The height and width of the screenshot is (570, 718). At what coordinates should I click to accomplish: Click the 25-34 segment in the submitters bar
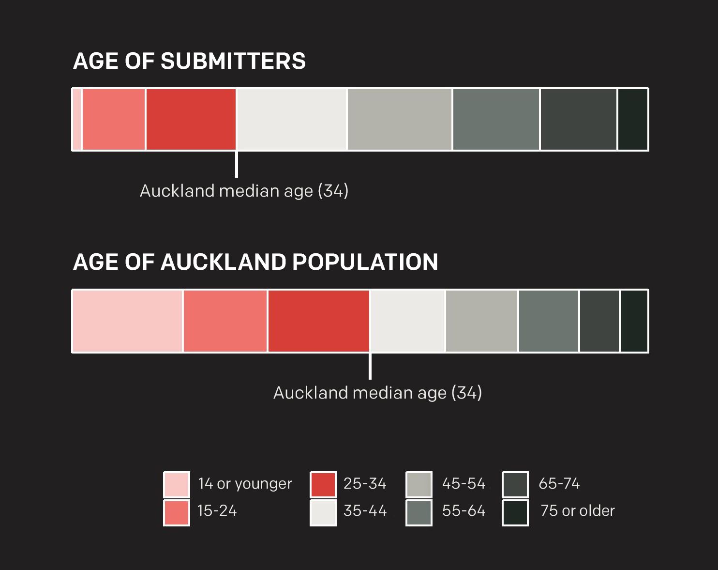point(191,119)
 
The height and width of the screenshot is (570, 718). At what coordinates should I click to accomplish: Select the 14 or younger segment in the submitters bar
point(77,119)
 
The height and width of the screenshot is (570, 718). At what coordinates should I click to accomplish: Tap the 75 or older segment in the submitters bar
point(633,119)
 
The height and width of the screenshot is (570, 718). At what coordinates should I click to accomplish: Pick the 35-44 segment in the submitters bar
point(292,119)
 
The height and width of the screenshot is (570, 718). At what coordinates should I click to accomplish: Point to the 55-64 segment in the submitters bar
point(496,119)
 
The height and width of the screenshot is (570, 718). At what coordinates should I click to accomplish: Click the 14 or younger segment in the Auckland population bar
point(127,321)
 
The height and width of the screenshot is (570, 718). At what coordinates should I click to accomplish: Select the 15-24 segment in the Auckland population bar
point(225,321)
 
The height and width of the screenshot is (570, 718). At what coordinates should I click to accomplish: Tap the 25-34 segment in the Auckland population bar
point(319,321)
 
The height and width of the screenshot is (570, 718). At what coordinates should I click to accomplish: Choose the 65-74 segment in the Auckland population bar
point(599,321)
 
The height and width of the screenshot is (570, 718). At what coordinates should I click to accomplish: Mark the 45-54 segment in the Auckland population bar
point(481,321)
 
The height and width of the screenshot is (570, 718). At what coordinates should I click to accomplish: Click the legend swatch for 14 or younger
point(177,484)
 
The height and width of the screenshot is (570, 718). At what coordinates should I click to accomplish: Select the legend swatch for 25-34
point(323,484)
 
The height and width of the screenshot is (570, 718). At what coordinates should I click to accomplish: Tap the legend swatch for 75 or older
point(515,512)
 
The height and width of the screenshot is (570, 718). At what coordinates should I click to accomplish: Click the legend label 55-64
point(464,511)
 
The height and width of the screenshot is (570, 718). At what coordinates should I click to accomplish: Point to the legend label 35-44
point(365,511)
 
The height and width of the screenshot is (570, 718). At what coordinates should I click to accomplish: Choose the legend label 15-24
point(217,511)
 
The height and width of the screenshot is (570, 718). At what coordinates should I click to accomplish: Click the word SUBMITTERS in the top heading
point(233,61)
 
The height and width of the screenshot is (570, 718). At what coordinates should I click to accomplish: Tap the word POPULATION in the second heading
point(365,262)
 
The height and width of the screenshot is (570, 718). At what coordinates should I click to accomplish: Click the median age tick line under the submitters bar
point(237,164)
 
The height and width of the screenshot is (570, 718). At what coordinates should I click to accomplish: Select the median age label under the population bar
point(378,393)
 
